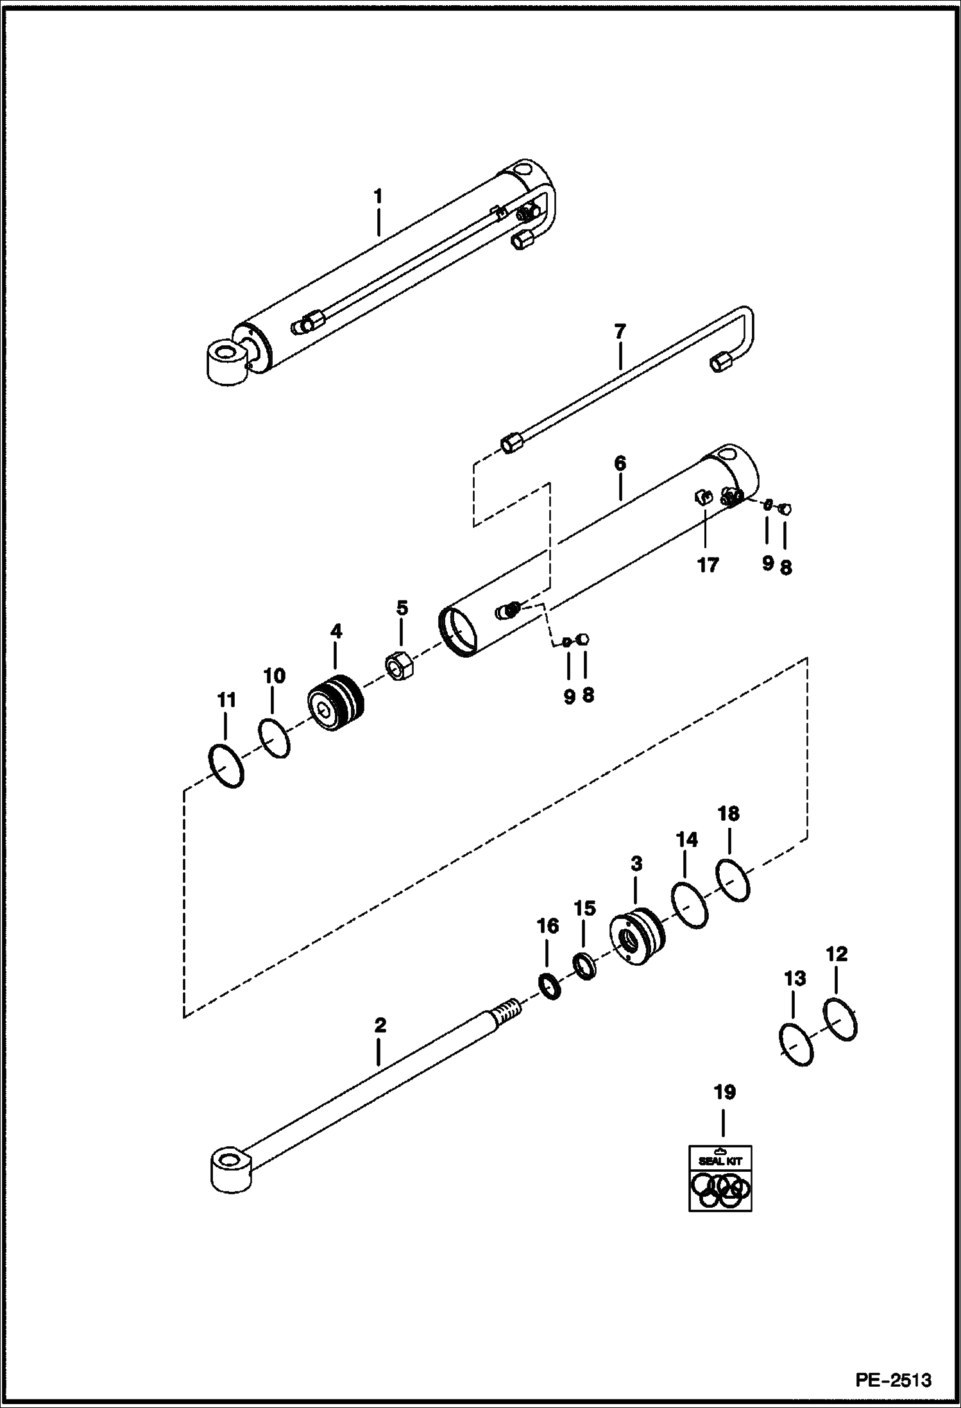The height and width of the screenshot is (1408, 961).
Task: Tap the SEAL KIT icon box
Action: pos(720,1178)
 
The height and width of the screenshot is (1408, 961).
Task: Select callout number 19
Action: pos(724,1092)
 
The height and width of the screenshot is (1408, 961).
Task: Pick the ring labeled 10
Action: pos(275,739)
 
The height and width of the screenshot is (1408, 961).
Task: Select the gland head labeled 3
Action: pos(637,938)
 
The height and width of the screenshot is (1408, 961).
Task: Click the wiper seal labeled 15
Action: pos(584,966)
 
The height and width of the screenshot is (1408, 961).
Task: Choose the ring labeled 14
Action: pos(690,905)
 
